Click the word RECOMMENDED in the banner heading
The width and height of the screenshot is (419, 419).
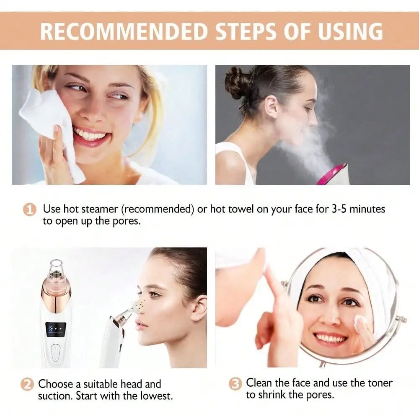click(x=124, y=31)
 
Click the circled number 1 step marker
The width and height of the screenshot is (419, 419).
click(x=29, y=209)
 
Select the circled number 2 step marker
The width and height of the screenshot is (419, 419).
click(x=28, y=384)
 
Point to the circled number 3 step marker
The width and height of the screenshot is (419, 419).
click(x=235, y=384)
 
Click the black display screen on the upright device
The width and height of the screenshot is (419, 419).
click(x=55, y=329)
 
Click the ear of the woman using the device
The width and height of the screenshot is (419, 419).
click(x=199, y=308)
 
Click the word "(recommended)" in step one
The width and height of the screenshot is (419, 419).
click(x=159, y=209)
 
